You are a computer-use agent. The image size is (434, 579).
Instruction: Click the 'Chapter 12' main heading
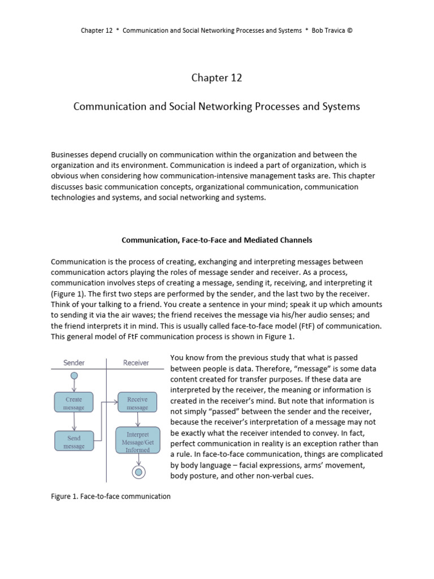pos(216,78)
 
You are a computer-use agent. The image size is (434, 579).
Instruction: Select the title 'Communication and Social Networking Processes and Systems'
pos(216,107)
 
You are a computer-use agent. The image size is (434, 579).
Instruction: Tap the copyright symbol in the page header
pos(350,30)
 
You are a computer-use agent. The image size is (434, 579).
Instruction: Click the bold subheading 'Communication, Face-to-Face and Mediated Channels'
pos(217,240)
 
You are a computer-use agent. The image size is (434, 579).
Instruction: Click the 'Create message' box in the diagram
pos(73,403)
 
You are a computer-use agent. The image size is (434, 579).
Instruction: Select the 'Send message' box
pos(73,442)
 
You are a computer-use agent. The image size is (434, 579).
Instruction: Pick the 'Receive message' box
pos(137,403)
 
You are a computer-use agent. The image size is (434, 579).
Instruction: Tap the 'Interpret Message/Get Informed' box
pos(137,440)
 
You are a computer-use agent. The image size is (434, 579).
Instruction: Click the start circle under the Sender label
pos(74,375)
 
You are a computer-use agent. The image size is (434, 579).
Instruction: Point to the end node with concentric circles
pos(137,472)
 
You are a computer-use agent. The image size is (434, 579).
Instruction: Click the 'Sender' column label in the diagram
pos(74,362)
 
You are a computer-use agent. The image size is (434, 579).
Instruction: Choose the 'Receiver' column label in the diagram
pos(136,362)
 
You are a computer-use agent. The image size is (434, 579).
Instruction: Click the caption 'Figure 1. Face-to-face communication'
pos(110,496)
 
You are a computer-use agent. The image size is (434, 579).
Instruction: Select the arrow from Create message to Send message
pos(74,422)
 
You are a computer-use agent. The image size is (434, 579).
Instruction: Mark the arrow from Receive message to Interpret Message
pos(137,420)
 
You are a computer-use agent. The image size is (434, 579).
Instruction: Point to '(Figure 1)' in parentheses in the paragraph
pos(69,294)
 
